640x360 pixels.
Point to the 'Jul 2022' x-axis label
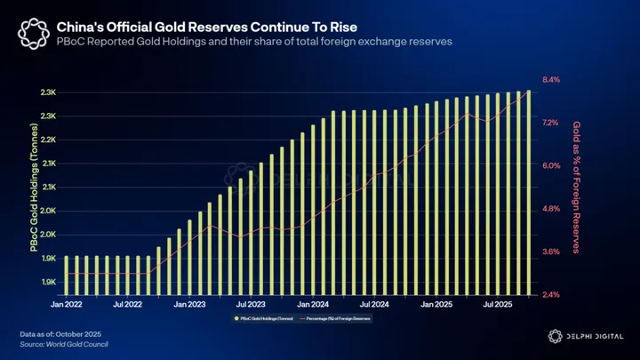click(128, 304)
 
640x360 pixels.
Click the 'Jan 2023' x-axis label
click(190, 304)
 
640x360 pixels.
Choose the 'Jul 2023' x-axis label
click(252, 304)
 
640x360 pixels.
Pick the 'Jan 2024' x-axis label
click(314, 304)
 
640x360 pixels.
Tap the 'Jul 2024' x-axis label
click(375, 304)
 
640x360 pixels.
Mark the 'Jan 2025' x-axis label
click(438, 304)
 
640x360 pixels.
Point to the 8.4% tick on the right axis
click(551, 80)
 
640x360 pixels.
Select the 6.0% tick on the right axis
click(551, 166)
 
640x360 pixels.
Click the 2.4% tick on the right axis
click(551, 295)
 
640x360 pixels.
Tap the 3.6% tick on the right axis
click(551, 252)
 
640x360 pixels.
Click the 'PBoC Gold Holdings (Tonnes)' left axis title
click(34, 188)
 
